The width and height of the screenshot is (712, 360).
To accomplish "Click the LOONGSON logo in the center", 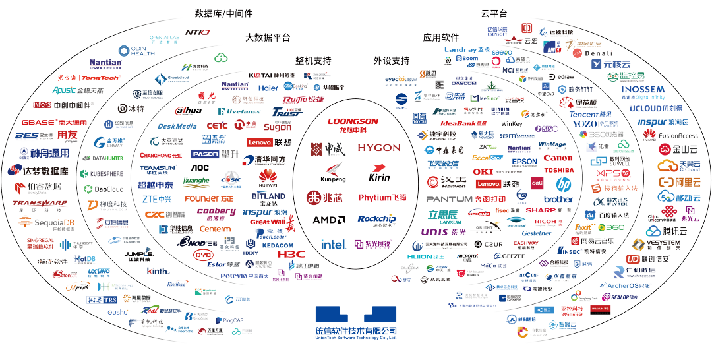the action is [x=353, y=124].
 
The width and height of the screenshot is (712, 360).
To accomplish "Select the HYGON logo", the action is [x=379, y=148].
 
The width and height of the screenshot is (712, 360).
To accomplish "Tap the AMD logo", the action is [x=328, y=220].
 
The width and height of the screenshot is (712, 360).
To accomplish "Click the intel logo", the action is [x=334, y=244].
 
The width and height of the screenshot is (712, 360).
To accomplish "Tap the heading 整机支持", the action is [x=313, y=61].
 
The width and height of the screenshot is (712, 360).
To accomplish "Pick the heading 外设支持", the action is [x=392, y=61].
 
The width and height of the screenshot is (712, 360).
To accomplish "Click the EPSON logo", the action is [x=525, y=162].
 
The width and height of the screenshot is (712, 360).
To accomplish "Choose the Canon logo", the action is [x=558, y=158].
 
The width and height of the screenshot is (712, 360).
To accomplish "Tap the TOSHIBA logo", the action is [x=559, y=170].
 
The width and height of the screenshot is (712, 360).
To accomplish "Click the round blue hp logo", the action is [x=563, y=185].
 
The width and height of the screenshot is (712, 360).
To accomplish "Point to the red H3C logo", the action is [x=291, y=253].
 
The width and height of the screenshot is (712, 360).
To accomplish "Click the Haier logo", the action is [x=268, y=87].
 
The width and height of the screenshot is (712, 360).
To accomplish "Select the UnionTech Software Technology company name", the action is [x=356, y=331].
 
